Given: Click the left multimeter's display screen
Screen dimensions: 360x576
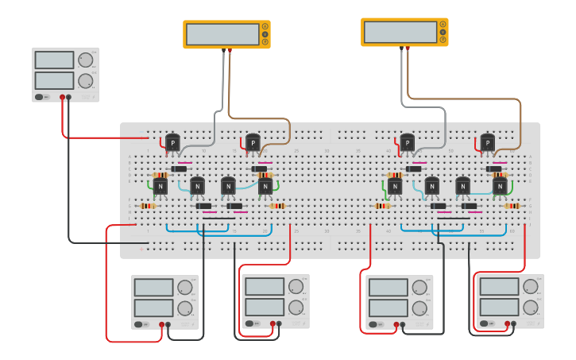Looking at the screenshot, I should click(x=221, y=34).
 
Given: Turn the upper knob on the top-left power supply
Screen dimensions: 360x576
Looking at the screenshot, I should click(x=85, y=60).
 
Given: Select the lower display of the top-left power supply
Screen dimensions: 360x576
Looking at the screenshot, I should click(x=54, y=80).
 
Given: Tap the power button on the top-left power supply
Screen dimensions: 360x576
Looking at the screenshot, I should click(x=38, y=97).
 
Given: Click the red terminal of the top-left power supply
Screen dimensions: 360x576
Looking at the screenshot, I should click(x=62, y=97).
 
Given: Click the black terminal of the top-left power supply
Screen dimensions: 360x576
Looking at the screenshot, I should click(x=69, y=97).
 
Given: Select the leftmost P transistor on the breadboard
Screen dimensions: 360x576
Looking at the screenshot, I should click(x=172, y=142).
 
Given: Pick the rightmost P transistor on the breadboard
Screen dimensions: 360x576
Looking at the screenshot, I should click(x=487, y=142).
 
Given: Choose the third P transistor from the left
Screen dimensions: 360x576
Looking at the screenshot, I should click(x=407, y=142).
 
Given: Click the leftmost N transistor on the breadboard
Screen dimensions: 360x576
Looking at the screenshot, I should click(x=160, y=186).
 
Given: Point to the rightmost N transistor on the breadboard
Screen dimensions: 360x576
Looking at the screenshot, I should click(x=500, y=186).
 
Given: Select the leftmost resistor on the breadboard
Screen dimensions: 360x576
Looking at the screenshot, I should click(x=148, y=206).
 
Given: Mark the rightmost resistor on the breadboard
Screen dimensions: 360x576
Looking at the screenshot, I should click(x=512, y=206).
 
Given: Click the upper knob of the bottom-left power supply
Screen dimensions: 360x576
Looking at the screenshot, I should click(x=184, y=288).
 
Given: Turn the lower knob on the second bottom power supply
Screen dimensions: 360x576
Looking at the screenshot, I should click(x=296, y=307).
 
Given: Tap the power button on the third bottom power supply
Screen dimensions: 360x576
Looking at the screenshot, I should click(x=373, y=323).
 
